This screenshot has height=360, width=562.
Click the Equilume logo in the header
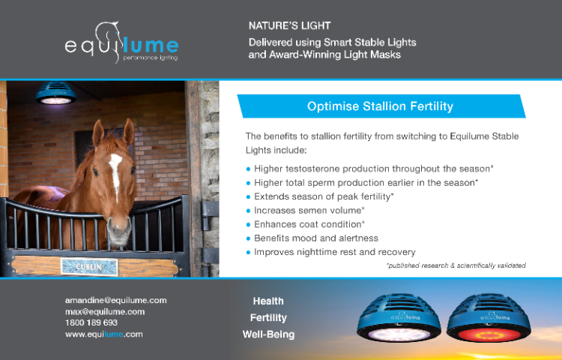[121, 43]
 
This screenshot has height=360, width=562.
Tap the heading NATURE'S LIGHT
[289, 25]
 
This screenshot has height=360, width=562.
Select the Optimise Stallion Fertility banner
[381, 106]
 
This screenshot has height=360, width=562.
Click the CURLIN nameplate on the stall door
[89, 267]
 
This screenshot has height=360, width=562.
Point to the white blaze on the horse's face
[115, 174]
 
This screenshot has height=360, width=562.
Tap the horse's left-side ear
[98, 133]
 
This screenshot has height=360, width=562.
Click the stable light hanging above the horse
[55, 93]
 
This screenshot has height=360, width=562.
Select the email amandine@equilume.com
[115, 300]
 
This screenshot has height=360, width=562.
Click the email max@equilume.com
[105, 311]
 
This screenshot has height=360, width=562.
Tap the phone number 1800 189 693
[91, 322]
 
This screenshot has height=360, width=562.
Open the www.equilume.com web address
[104, 334]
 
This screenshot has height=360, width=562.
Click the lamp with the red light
[489, 318]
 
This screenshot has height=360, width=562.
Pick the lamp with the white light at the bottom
[399, 318]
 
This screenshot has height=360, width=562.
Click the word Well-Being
[268, 334]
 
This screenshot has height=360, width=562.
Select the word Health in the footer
[268, 301]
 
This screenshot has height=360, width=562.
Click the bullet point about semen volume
[306, 211]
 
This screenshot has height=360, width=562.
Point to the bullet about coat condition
[306, 224]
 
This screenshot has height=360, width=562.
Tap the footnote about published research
[456, 265]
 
